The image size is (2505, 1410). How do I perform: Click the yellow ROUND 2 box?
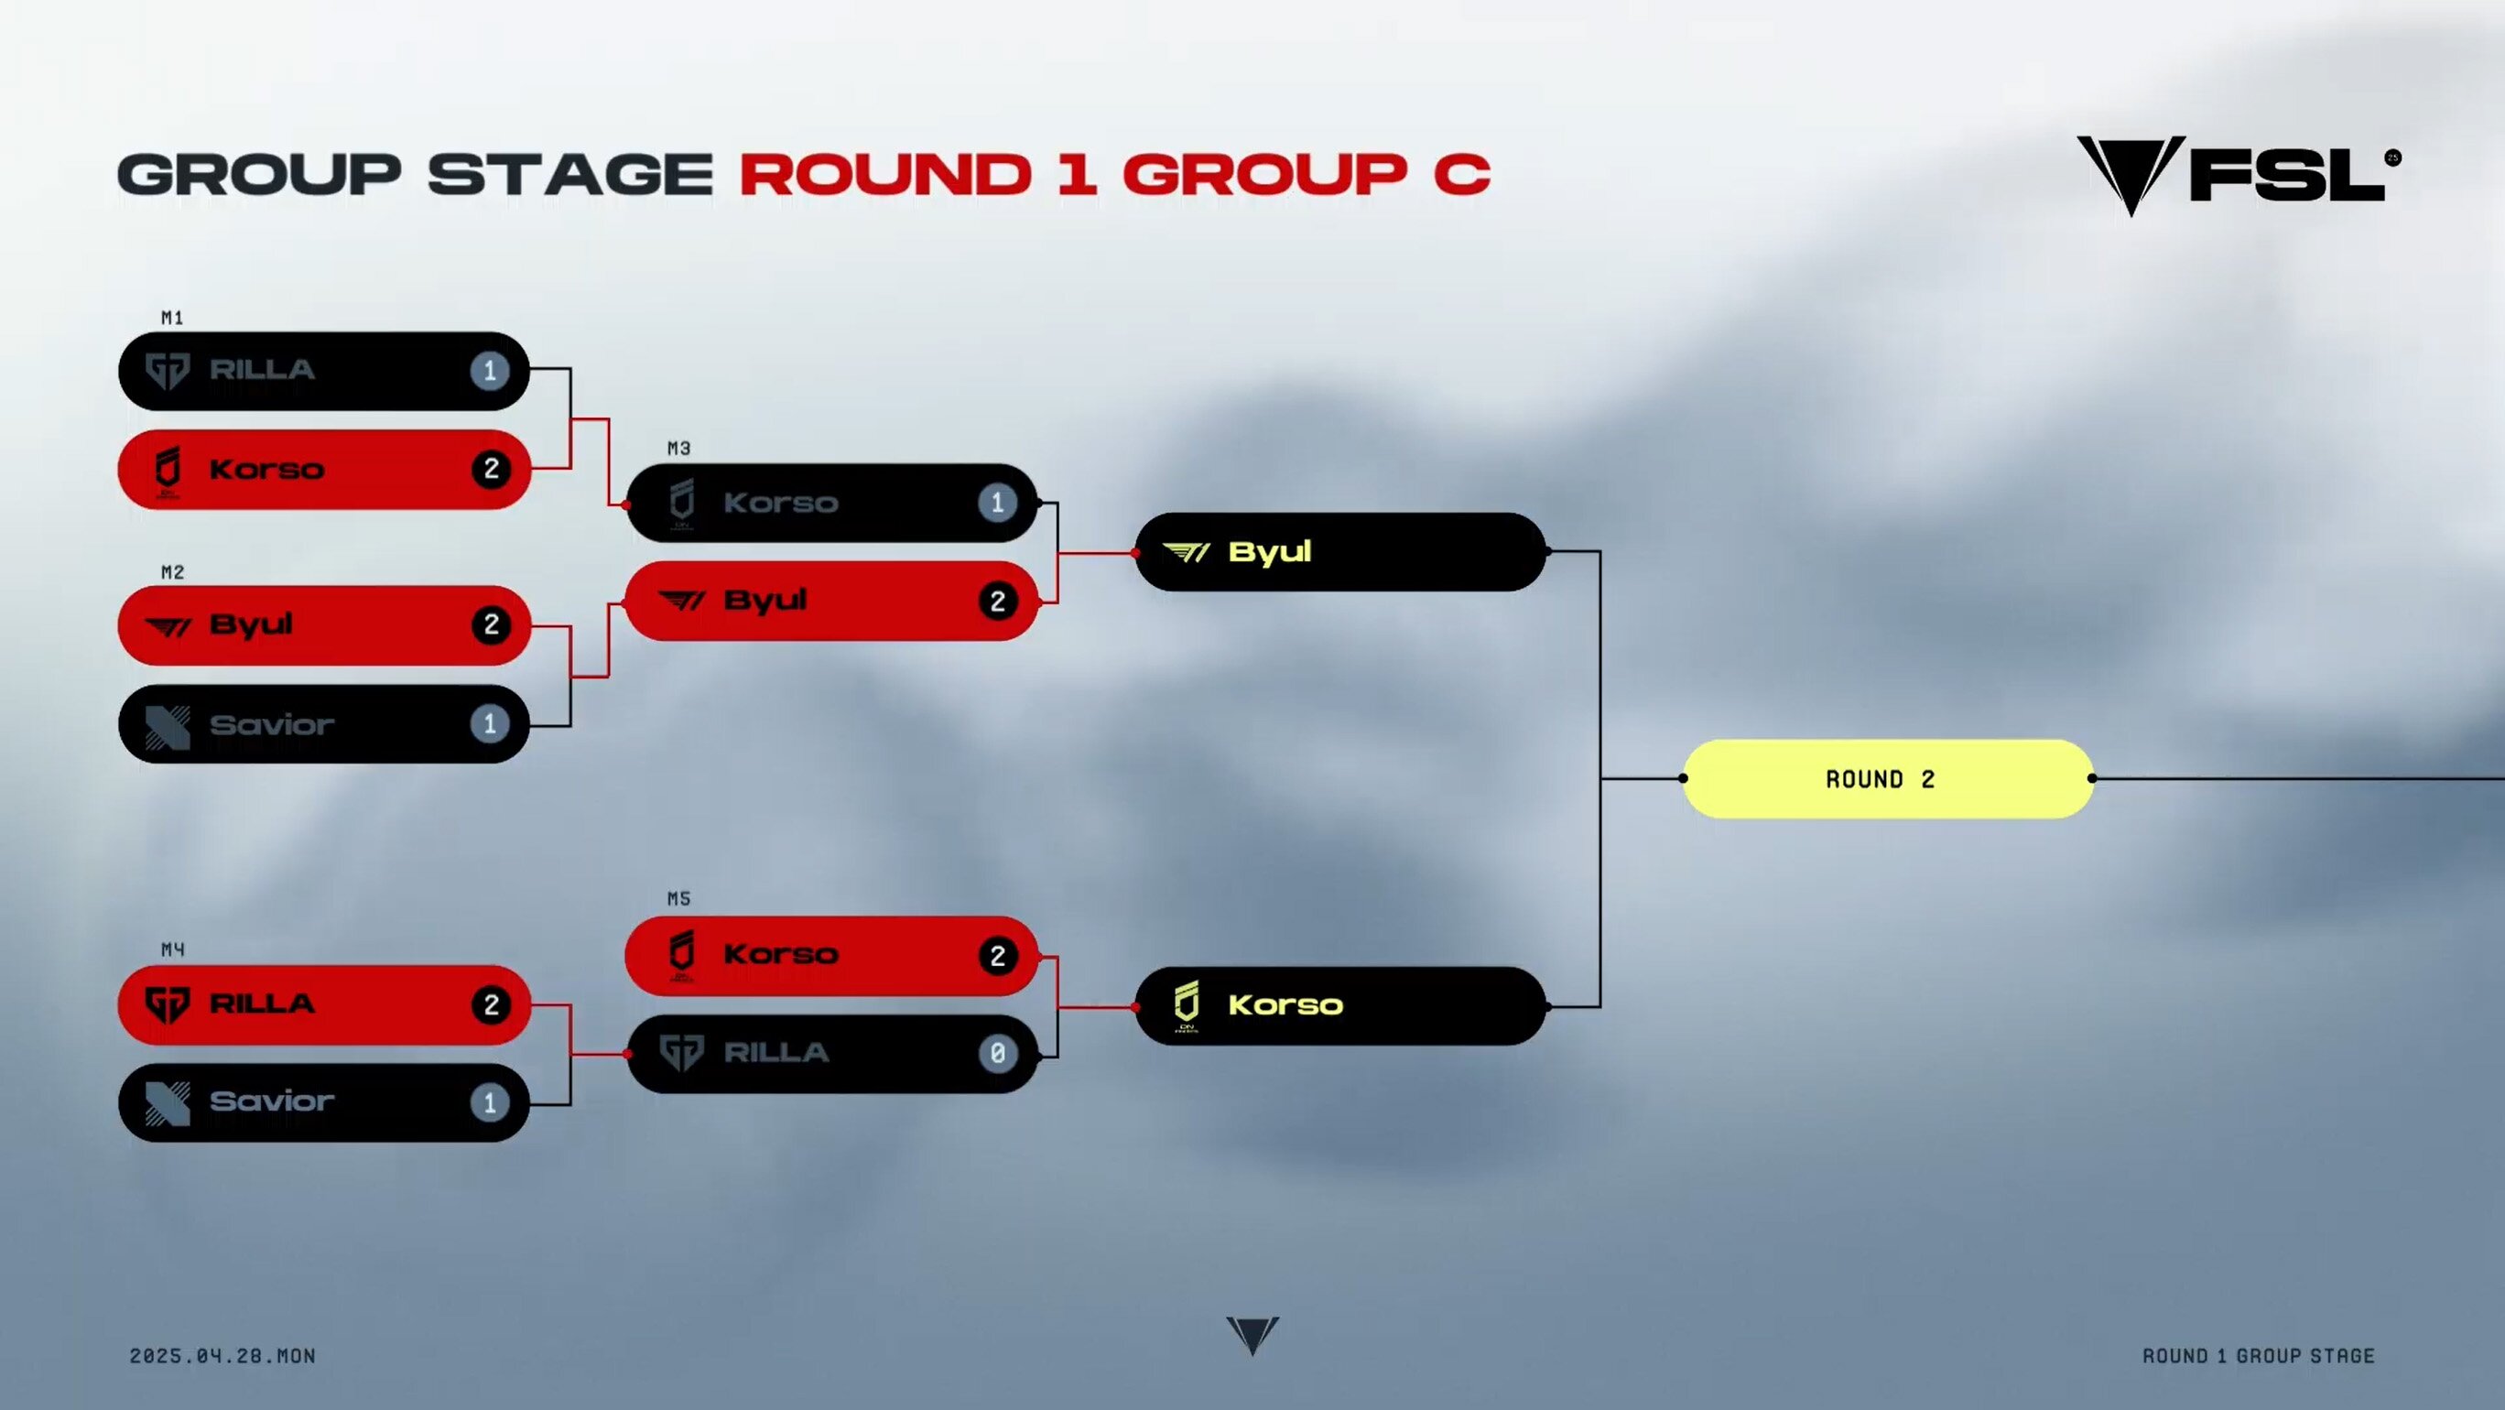pos(1888,779)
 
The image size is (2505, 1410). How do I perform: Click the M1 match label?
pos(172,318)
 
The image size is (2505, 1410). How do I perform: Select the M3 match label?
pos(678,449)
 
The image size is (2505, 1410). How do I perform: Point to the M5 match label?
pos(678,898)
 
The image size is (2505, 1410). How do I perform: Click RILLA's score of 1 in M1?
pos(490,371)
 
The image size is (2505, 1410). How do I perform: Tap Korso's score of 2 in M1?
pos(491,470)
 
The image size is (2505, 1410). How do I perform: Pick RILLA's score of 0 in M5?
pos(998,1053)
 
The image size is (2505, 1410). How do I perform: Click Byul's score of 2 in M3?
pos(998,601)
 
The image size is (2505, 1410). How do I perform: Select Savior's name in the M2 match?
pos(272,724)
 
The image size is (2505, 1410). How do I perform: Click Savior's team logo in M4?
pos(168,1103)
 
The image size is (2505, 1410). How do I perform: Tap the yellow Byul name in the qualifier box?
pos(1270,552)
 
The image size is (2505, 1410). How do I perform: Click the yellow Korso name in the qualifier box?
pos(1285,1005)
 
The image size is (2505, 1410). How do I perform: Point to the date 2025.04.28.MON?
pos(222,1356)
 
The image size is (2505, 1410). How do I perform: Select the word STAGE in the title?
pos(570,175)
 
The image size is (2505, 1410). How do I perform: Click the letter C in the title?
pos(1461,175)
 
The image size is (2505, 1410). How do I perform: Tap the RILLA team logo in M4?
pos(168,1004)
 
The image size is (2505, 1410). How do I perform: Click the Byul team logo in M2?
pos(168,627)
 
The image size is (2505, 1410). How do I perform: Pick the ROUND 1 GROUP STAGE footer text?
pos(2259,1356)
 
